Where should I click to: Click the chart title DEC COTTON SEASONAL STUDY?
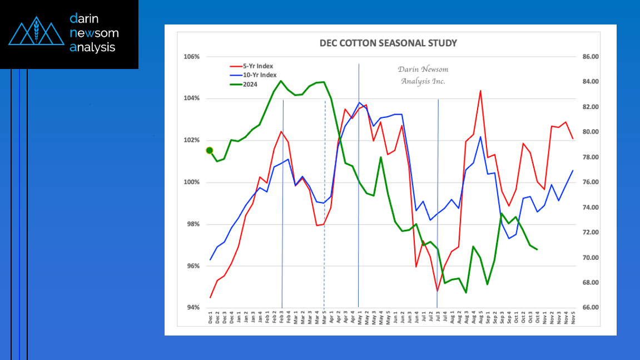coord(388,43)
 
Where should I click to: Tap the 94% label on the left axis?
coord(193,308)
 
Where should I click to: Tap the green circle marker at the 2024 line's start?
coord(210,150)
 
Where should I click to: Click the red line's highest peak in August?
coord(480,91)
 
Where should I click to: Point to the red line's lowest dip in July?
coord(438,290)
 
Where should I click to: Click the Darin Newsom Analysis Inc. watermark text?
coord(423,75)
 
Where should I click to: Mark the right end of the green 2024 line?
coord(537,249)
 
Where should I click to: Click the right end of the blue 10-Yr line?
coord(573,170)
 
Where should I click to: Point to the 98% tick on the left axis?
coord(193,224)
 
